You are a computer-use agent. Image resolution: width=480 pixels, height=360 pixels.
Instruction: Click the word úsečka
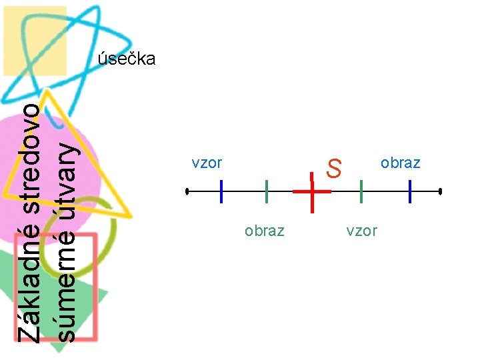127,59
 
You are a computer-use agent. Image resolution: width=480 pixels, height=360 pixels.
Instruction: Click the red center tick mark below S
312,191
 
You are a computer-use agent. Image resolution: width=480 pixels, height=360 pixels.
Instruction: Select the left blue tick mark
221,191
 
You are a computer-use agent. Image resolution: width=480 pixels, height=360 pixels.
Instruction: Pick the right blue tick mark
411,191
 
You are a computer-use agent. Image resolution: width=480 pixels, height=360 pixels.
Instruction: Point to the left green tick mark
266,191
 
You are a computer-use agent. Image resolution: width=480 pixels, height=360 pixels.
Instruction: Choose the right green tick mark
361,191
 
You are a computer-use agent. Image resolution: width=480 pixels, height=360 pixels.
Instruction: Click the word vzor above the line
207,163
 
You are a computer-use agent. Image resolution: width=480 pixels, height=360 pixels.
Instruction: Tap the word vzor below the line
361,231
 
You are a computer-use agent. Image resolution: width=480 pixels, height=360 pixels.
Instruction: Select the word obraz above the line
400,163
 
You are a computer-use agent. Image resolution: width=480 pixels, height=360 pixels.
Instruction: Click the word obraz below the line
264,231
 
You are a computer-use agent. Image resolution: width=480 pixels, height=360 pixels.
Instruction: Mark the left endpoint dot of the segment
187,191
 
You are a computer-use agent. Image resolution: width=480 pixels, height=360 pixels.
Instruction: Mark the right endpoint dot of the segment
441,191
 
